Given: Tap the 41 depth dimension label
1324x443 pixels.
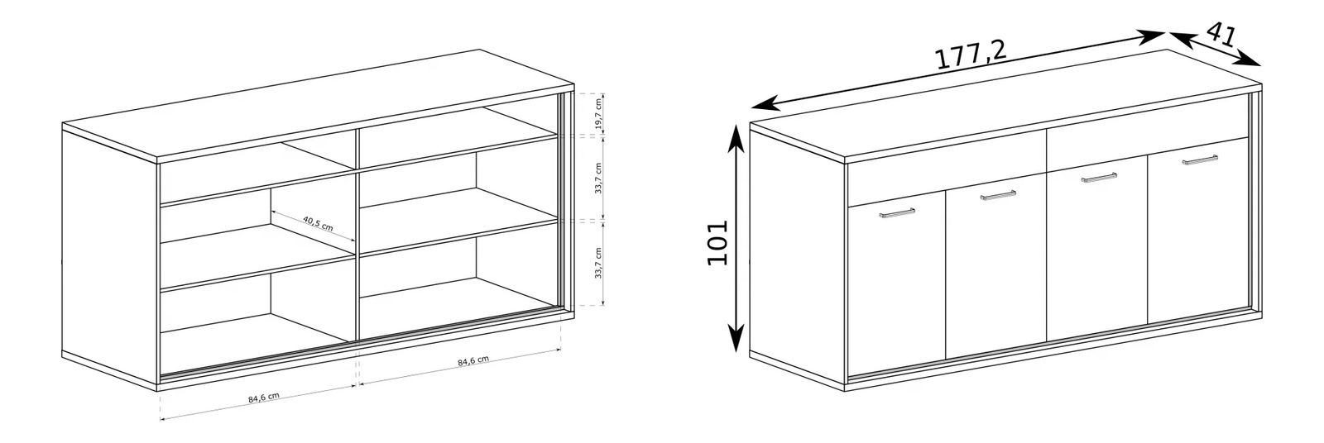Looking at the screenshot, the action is pos(1221,35).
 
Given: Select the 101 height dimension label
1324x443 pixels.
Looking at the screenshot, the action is pos(717,243).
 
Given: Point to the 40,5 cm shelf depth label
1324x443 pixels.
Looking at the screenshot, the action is pos(318,223).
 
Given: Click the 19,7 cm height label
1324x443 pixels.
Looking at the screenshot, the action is pos(598,115).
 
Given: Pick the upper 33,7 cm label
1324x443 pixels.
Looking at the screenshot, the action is pos(598,177).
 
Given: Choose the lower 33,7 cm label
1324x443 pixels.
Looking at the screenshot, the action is pos(598,263).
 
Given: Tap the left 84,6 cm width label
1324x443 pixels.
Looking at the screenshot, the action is pos(264,398).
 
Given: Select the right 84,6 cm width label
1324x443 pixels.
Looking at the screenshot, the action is pos(473,361).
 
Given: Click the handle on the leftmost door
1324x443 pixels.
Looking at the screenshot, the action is pos(897,212).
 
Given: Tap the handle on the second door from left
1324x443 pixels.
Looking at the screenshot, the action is pos(998,194).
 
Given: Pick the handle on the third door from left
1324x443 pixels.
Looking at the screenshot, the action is pos(1099,177).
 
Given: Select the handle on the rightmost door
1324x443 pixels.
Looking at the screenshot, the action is pos(1200,159).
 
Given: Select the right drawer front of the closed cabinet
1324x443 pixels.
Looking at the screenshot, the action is pos(1147,137).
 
